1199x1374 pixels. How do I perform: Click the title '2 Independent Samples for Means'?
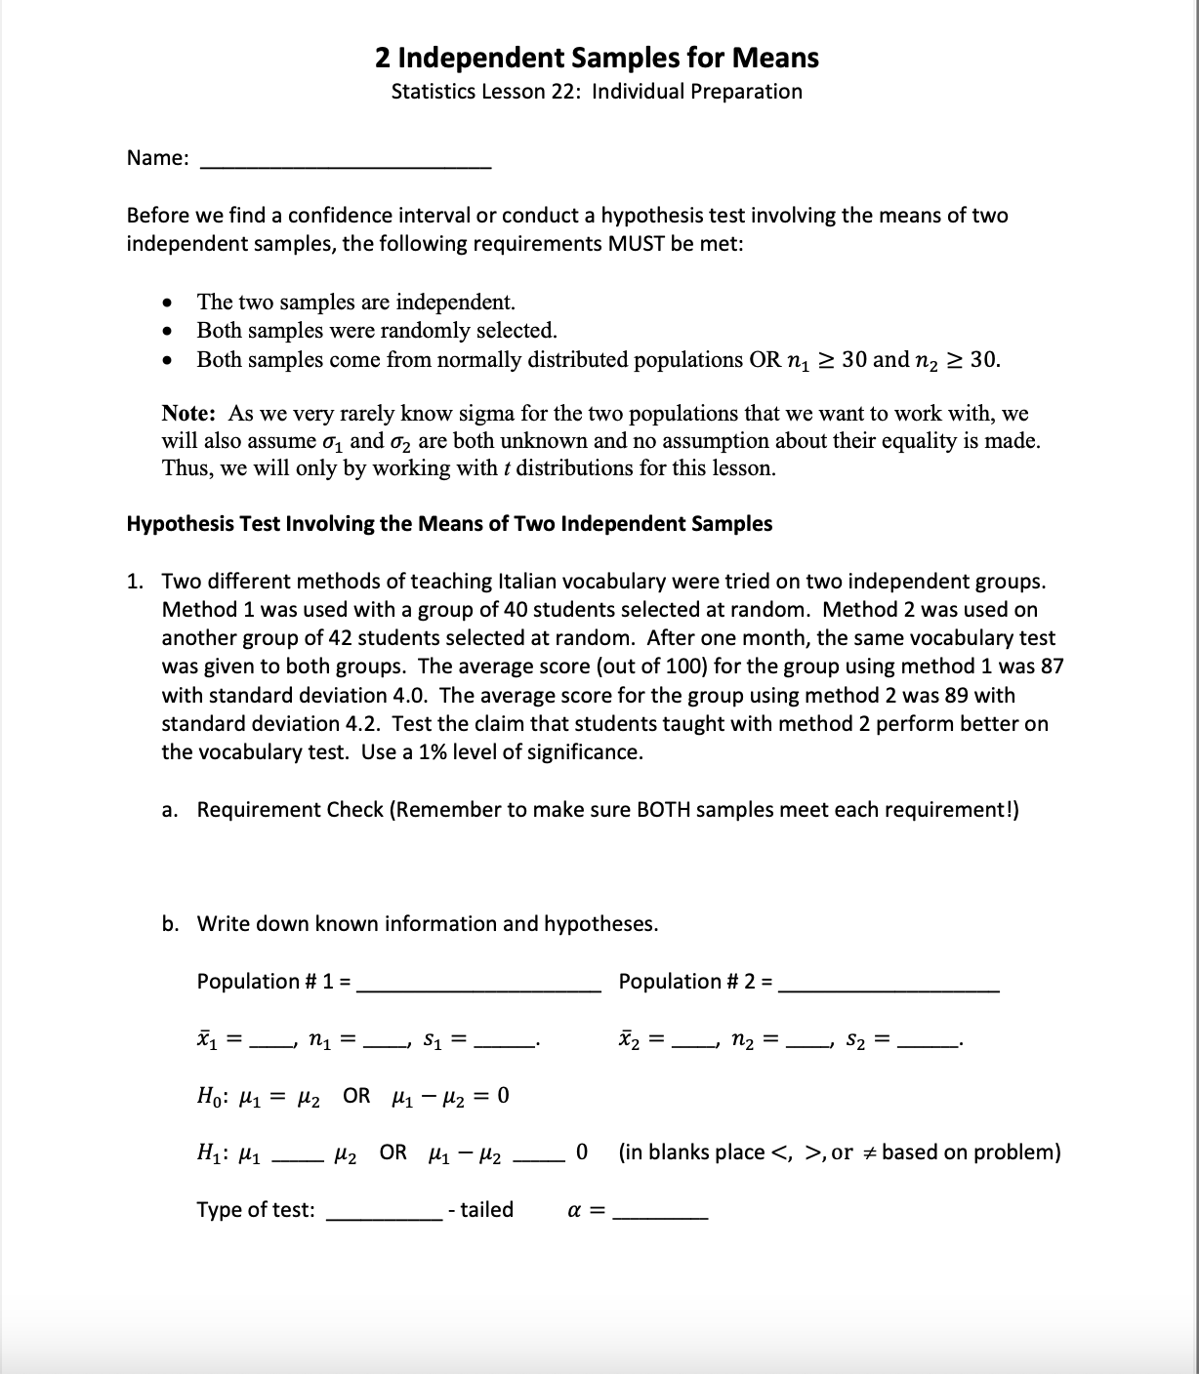click(x=597, y=58)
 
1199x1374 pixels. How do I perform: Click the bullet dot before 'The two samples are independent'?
click(x=171, y=302)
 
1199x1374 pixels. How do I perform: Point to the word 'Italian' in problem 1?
click(x=531, y=582)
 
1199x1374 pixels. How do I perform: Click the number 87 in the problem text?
click(x=1051, y=667)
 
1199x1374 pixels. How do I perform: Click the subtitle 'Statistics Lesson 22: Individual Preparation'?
click(x=597, y=92)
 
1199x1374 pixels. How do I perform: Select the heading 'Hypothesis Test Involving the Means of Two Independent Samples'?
click(x=449, y=524)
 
